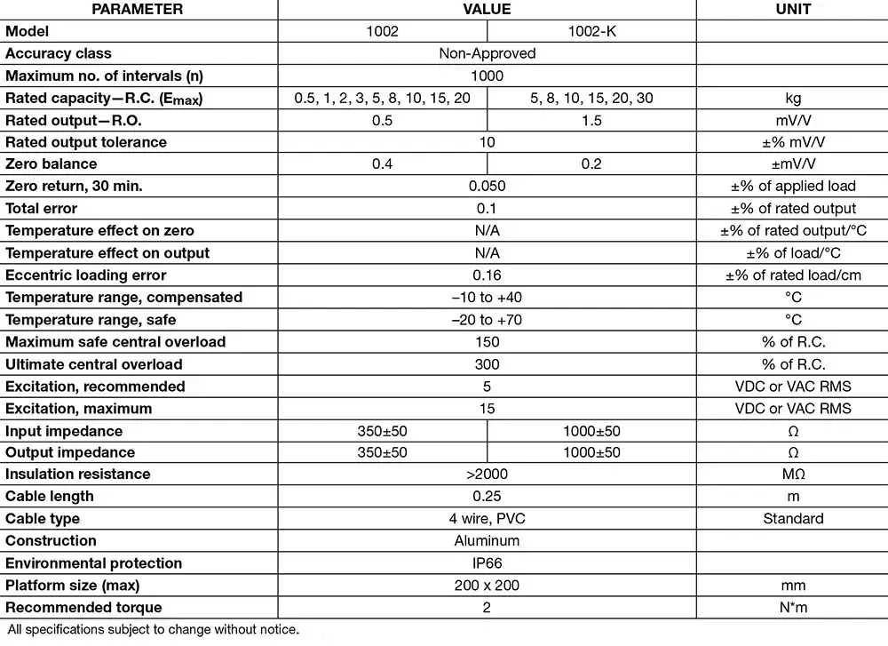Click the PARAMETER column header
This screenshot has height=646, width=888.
138,10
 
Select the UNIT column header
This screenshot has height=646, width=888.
792,10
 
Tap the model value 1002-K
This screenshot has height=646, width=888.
591,31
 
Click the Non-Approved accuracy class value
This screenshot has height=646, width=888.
487,53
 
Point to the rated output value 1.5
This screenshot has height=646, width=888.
591,120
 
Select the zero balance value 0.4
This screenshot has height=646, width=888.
382,164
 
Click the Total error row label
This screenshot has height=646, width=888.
42,209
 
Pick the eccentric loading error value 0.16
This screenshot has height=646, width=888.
487,275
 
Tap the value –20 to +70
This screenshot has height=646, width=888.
487,320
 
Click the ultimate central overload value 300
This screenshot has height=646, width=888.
487,364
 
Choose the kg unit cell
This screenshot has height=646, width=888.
793,98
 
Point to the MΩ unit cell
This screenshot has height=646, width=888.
793,475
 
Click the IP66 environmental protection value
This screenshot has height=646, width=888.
487,563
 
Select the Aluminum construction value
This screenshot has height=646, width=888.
487,541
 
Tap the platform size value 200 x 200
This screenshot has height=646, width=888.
487,586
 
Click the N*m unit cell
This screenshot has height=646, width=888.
793,608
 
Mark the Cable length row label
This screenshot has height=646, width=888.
50,497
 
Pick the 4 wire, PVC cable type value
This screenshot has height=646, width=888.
487,519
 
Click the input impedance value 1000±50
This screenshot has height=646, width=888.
591,431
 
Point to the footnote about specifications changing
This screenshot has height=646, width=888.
154,630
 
